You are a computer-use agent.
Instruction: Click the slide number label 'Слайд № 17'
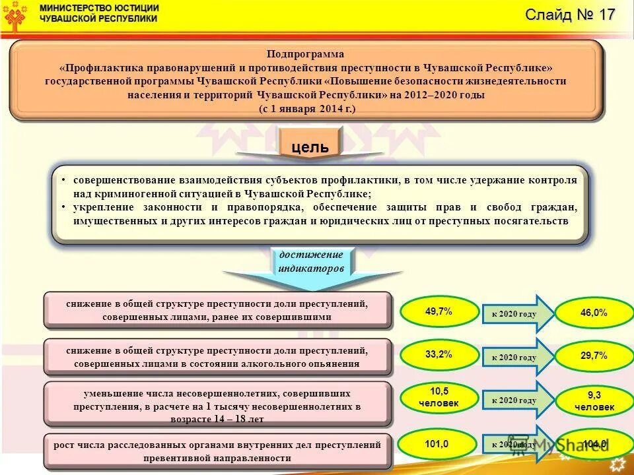pos(570,15)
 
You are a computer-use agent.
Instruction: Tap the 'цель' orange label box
pos(310,146)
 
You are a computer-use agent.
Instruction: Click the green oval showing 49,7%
pos(439,312)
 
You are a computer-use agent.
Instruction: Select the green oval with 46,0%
pos(593,313)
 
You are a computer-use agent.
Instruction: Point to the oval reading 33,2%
pos(439,355)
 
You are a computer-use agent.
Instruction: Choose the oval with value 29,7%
pos(593,356)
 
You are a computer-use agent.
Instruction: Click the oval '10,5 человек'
pos(439,397)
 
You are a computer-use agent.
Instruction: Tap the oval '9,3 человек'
pos(593,401)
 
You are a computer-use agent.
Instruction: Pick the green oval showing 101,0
pos(439,444)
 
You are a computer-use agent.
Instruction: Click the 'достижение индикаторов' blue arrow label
pos(311,262)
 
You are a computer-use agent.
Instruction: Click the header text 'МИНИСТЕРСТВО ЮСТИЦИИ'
pos(99,8)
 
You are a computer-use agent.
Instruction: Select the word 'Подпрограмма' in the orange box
pos(306,54)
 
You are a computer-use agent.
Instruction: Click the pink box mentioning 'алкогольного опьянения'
pos(217,357)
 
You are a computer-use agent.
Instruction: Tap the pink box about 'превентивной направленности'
pos(217,451)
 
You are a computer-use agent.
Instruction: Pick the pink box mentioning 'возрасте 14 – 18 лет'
pos(217,404)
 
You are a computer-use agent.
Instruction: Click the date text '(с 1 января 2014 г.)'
pos(307,108)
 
